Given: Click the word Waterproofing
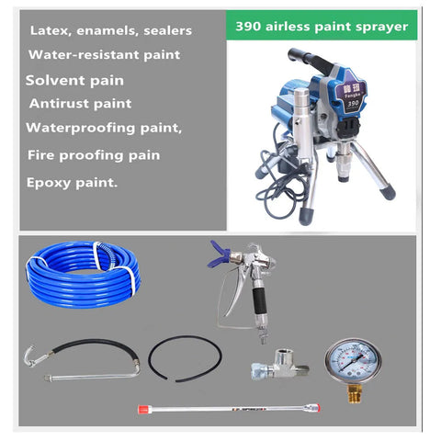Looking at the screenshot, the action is point(80,128).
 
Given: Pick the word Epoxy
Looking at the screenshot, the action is point(49,183).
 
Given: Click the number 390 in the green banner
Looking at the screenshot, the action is point(248,27).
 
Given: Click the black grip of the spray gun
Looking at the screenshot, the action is point(260,300).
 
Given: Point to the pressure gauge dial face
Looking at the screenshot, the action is point(353,361).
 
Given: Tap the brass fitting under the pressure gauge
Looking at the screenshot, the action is point(355,393).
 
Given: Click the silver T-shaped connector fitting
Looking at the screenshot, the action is point(280,365).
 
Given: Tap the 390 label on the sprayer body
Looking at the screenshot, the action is point(353,104).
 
